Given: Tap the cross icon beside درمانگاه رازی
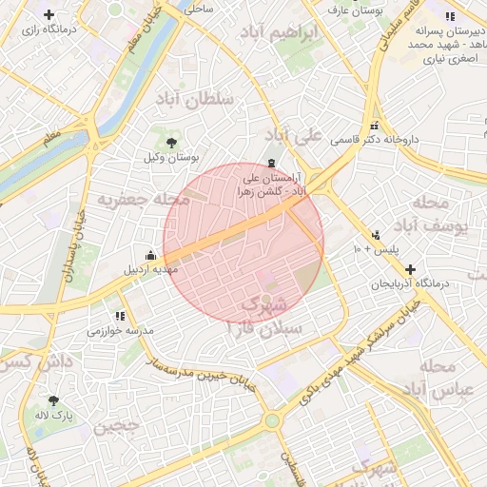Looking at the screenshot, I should [49, 15].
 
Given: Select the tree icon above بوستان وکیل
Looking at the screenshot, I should [171, 142].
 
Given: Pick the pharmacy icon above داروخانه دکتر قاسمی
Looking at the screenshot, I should [374, 126].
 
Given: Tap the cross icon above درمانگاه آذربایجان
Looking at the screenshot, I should [410, 270].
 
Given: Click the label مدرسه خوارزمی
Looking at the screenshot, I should [121, 331].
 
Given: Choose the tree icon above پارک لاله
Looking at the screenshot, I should [53, 400].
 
